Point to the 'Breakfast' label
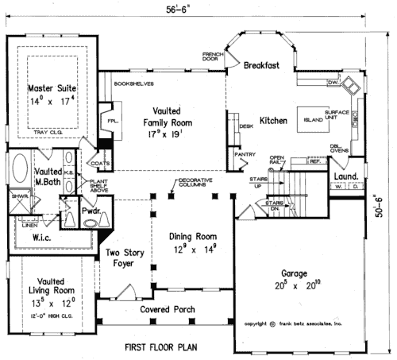(261, 66)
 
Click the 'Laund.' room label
(345, 176)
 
